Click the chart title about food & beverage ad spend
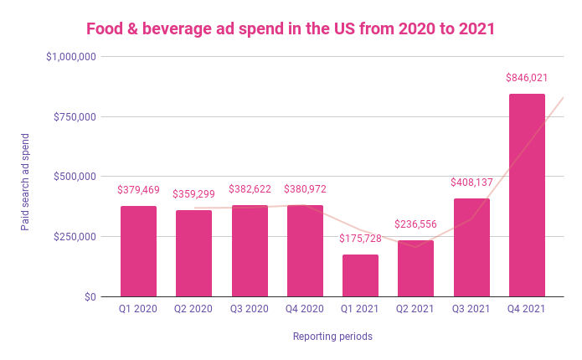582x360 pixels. [291, 28]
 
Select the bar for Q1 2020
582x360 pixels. [138, 251]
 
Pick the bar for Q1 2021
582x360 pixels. [360, 275]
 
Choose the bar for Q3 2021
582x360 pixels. [471, 248]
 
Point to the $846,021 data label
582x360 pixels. [527, 78]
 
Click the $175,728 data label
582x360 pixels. [360, 239]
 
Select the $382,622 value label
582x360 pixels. [250, 189]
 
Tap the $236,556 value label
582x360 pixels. [416, 224]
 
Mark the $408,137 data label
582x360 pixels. [471, 183]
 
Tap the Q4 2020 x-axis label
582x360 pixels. [305, 310]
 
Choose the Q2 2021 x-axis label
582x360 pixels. [416, 310]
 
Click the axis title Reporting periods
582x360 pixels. [332, 337]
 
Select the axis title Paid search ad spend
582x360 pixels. [26, 181]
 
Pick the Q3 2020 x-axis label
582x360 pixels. [250, 310]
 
